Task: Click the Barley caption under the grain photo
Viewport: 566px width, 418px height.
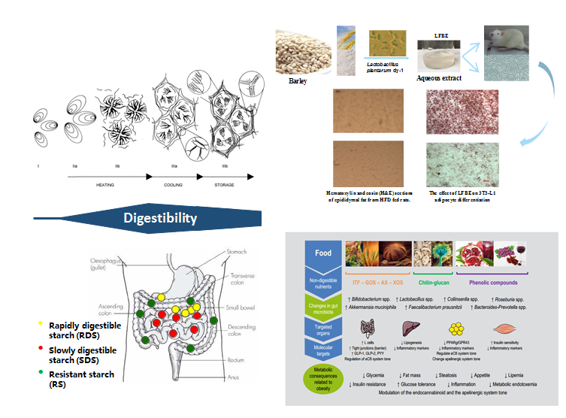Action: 298,81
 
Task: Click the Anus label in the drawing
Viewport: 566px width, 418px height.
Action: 235,377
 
